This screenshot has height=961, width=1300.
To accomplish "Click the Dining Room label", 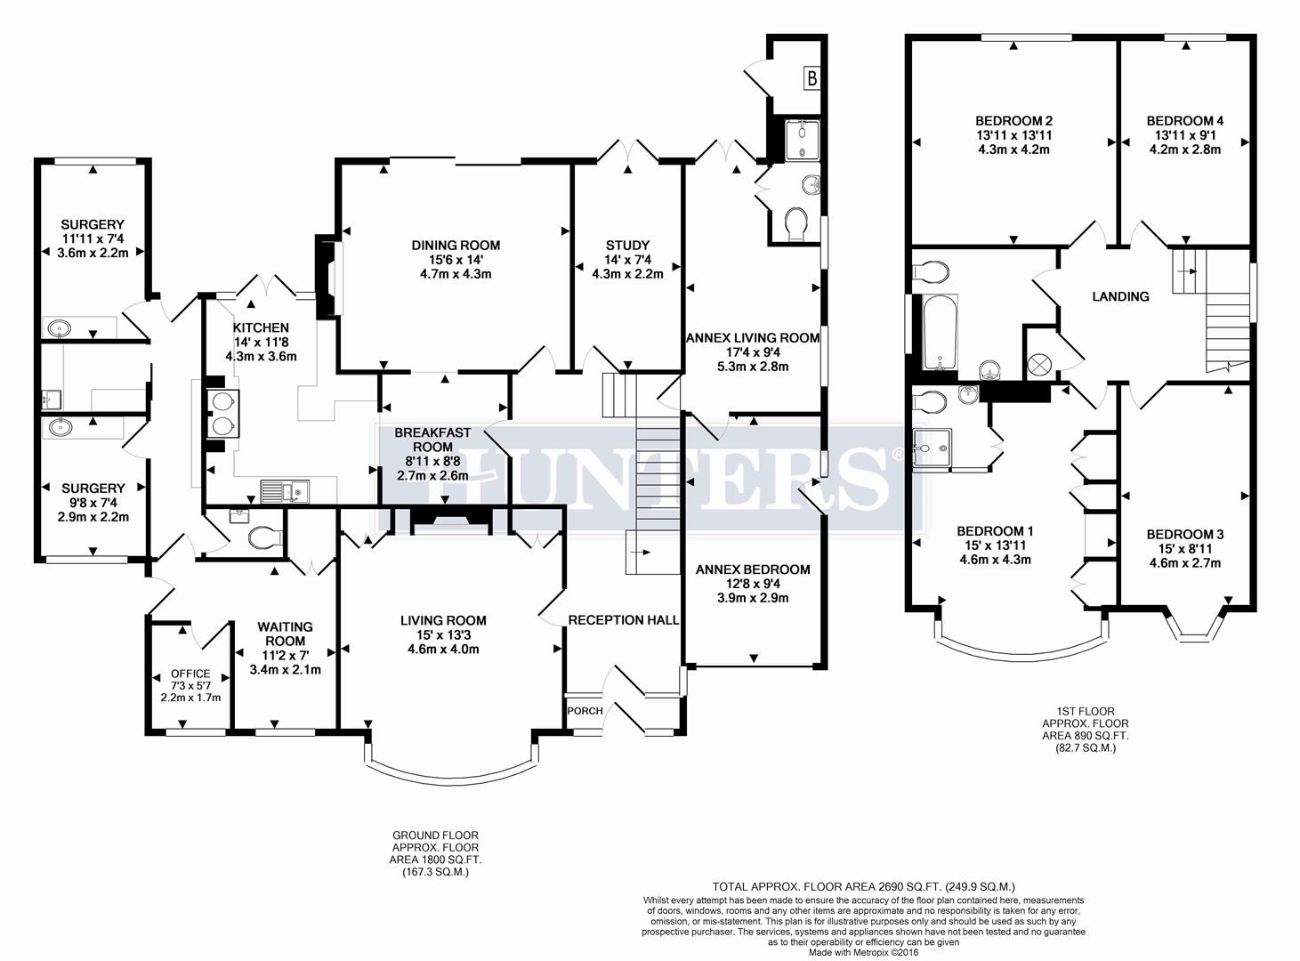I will [x=456, y=245].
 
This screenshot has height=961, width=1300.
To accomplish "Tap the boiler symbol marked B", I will [x=811, y=79].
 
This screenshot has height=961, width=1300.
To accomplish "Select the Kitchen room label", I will [x=261, y=327].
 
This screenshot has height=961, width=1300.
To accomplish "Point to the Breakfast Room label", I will [x=433, y=440].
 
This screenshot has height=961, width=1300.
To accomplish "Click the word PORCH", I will [x=585, y=710].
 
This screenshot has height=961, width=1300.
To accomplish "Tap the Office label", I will [x=190, y=674].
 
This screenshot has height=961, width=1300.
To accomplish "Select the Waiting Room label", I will [x=285, y=634].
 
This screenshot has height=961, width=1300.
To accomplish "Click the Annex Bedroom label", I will [x=753, y=569].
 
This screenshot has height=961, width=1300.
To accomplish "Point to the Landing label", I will [x=1120, y=296].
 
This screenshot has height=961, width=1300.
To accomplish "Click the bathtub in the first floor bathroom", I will [x=940, y=333].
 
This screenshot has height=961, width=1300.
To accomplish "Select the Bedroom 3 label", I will [x=1184, y=534].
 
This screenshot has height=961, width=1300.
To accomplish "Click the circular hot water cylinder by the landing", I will [x=1038, y=362].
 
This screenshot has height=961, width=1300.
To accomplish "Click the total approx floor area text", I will [x=863, y=886].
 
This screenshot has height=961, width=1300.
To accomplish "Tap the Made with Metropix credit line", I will [x=863, y=952].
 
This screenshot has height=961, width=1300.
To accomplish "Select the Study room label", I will [x=627, y=245].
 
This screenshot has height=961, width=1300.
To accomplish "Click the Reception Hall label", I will [x=623, y=619].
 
